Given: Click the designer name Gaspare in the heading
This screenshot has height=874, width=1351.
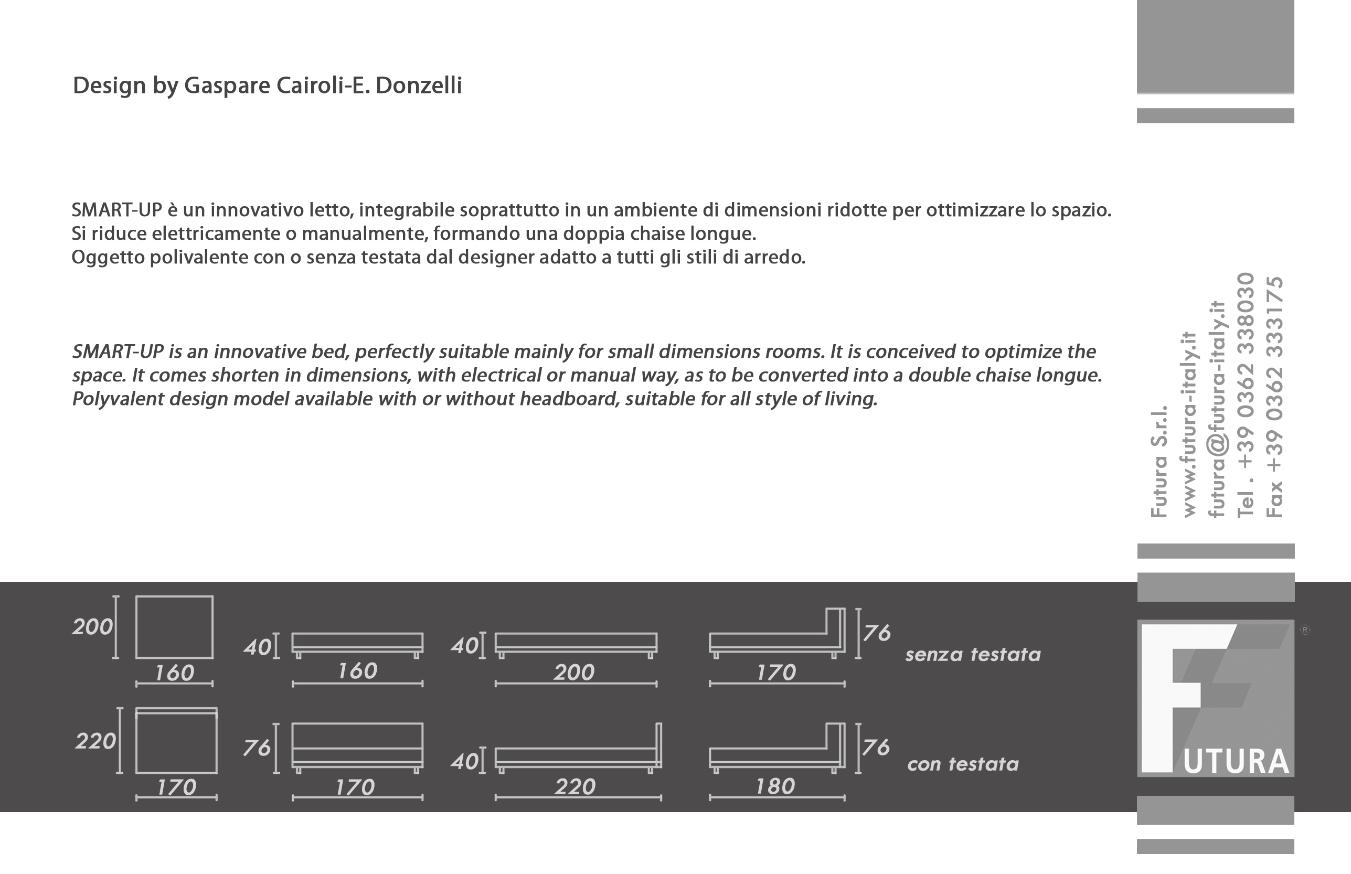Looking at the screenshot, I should (227, 86).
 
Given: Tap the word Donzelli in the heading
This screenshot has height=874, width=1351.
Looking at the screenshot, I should (419, 86).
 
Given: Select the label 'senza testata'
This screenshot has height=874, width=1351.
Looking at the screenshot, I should (973, 655).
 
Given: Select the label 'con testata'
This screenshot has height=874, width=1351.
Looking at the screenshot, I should (963, 764).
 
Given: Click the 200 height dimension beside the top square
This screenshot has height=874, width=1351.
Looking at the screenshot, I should (92, 627).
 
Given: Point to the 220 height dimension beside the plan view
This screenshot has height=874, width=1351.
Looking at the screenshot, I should (95, 741).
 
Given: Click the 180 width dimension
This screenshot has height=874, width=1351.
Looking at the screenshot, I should (775, 786).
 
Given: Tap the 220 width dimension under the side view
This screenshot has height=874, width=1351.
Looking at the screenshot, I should (575, 787).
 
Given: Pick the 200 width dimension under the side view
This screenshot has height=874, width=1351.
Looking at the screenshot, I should (573, 673).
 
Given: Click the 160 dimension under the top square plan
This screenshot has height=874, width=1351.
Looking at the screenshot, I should (174, 673).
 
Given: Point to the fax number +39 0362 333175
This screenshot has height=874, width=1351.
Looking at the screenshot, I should (1274, 397).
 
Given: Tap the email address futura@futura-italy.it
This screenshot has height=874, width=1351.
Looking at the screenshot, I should (1217, 409).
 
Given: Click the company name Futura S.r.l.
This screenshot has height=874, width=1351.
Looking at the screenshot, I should (1159, 461).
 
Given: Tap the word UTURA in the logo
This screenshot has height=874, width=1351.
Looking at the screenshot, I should (1236, 762).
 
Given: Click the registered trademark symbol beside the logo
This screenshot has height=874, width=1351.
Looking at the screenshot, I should (1305, 630).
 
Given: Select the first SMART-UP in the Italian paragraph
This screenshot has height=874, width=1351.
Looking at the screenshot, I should (117, 210).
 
